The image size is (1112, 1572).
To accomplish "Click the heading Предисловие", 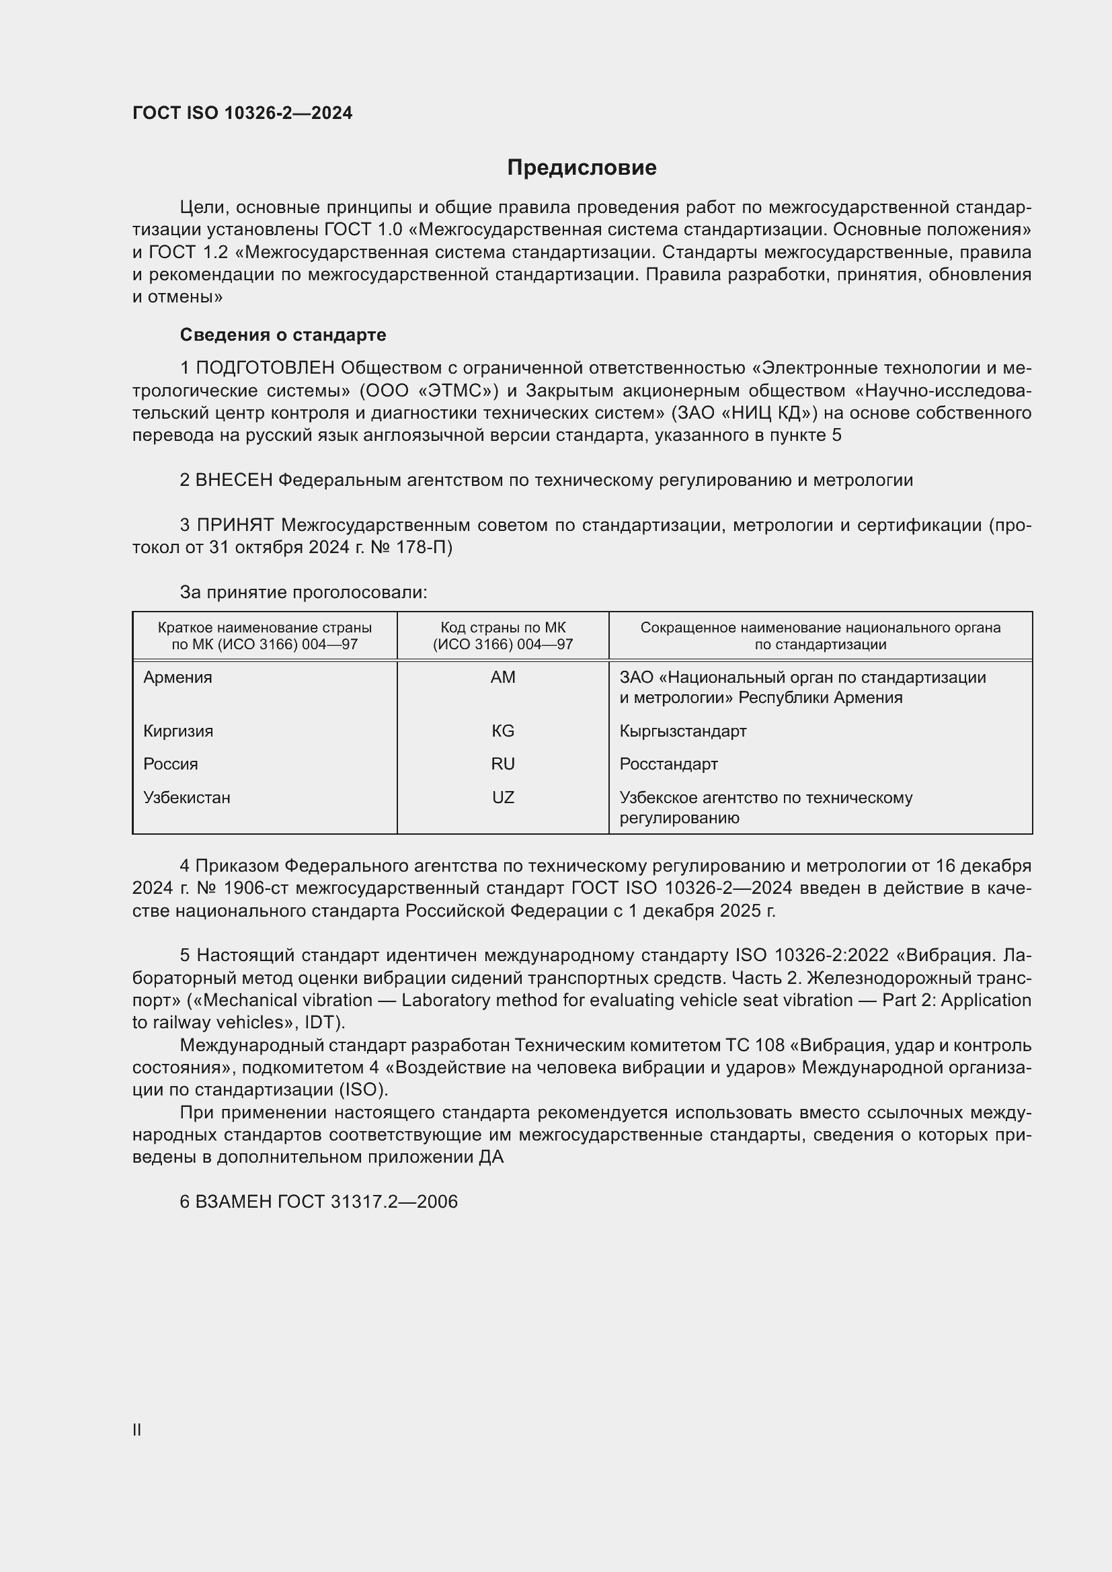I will pos(582,167).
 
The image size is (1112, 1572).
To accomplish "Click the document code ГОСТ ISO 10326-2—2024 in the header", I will pos(243,113).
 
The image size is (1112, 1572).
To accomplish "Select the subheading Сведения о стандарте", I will pos(283,335).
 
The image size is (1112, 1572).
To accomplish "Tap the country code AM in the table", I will pos(503,677).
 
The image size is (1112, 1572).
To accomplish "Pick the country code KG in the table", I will pos(503,731).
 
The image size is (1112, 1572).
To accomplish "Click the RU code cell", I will pos(503,763).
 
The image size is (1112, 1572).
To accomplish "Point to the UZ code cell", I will pos(503,797).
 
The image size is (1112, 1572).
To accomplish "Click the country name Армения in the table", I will pos(178,677).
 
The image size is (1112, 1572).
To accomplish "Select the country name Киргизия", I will pos(178,731).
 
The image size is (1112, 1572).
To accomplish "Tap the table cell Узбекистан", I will pos(186,797).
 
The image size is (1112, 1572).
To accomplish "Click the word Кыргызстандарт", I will pos(682,731).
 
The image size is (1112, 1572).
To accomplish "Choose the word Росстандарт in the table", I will pos(668,763).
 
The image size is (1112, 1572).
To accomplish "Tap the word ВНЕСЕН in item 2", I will pos(234,480).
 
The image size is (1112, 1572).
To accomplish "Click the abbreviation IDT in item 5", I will pos(323,1022).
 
